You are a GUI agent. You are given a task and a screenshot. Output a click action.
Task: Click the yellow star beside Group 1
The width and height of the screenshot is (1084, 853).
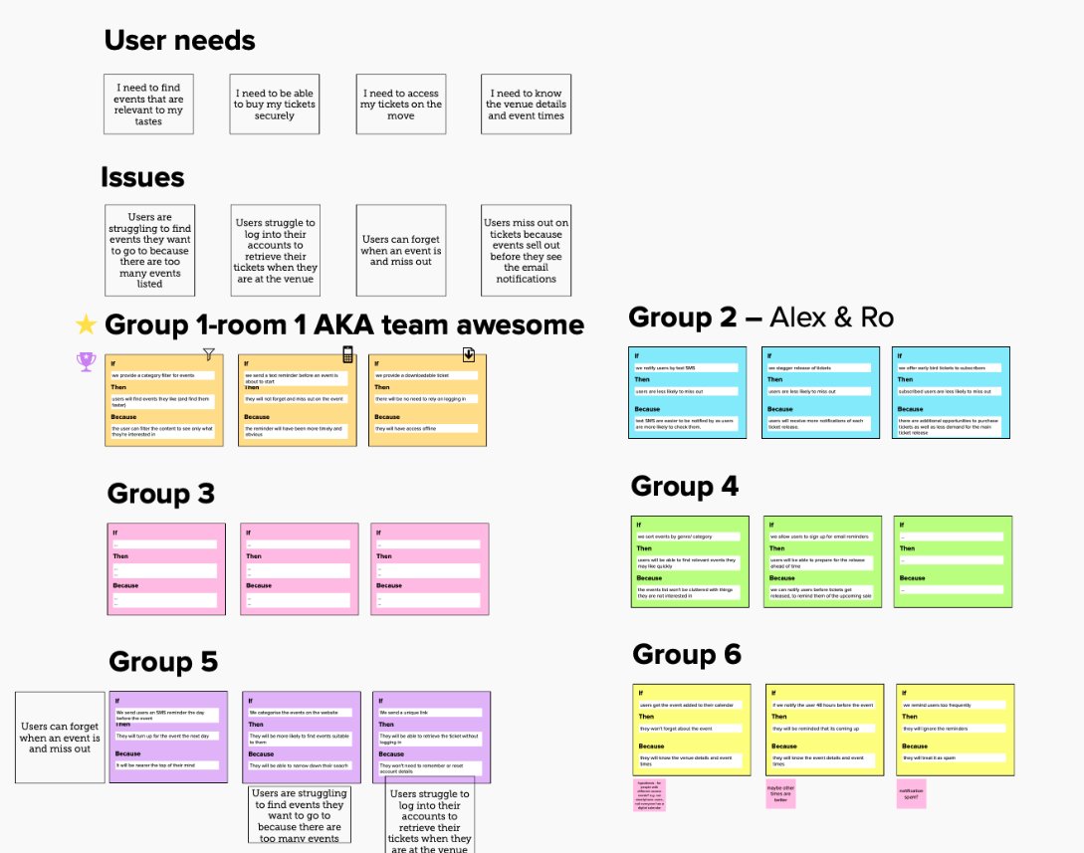pyautogui.click(x=87, y=324)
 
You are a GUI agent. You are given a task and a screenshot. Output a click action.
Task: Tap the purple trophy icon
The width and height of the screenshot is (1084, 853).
pyautogui.click(x=85, y=362)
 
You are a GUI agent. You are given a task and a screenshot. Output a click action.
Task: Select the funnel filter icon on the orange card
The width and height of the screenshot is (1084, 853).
pyautogui.click(x=208, y=353)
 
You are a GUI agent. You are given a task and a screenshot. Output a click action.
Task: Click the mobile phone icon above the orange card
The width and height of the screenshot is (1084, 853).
pyautogui.click(x=347, y=354)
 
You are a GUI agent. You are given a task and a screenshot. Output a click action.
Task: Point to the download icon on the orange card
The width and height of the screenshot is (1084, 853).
pyautogui.click(x=468, y=354)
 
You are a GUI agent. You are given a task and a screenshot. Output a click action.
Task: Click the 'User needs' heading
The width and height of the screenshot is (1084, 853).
pyautogui.click(x=179, y=41)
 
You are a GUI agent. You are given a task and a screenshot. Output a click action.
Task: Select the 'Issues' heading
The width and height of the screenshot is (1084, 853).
pyautogui.click(x=142, y=177)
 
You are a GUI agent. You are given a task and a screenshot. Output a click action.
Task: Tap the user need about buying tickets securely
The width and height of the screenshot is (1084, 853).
pyautogui.click(x=275, y=105)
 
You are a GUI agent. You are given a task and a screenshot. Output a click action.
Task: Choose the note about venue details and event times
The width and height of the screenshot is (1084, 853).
pyautogui.click(x=526, y=105)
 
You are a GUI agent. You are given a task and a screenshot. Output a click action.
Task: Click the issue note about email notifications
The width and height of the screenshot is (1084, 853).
pyautogui.click(x=526, y=250)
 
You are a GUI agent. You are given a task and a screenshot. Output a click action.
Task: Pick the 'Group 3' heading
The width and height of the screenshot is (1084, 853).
pyautogui.click(x=160, y=494)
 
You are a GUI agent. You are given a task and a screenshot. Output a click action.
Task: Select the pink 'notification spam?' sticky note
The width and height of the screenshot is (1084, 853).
pyautogui.click(x=912, y=794)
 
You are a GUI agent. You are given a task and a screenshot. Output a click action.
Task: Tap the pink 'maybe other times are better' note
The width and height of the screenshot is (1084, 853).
pyautogui.click(x=781, y=794)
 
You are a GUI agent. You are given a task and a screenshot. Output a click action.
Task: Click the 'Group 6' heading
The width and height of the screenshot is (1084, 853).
pyautogui.click(x=687, y=654)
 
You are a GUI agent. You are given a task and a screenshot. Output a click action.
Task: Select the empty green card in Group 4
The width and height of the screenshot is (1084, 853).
pyautogui.click(x=952, y=562)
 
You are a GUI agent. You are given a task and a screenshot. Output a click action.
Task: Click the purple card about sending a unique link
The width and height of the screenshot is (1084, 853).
pyautogui.click(x=431, y=738)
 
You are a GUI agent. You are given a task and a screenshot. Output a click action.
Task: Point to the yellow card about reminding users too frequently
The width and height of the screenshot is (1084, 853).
pyautogui.click(x=955, y=730)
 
